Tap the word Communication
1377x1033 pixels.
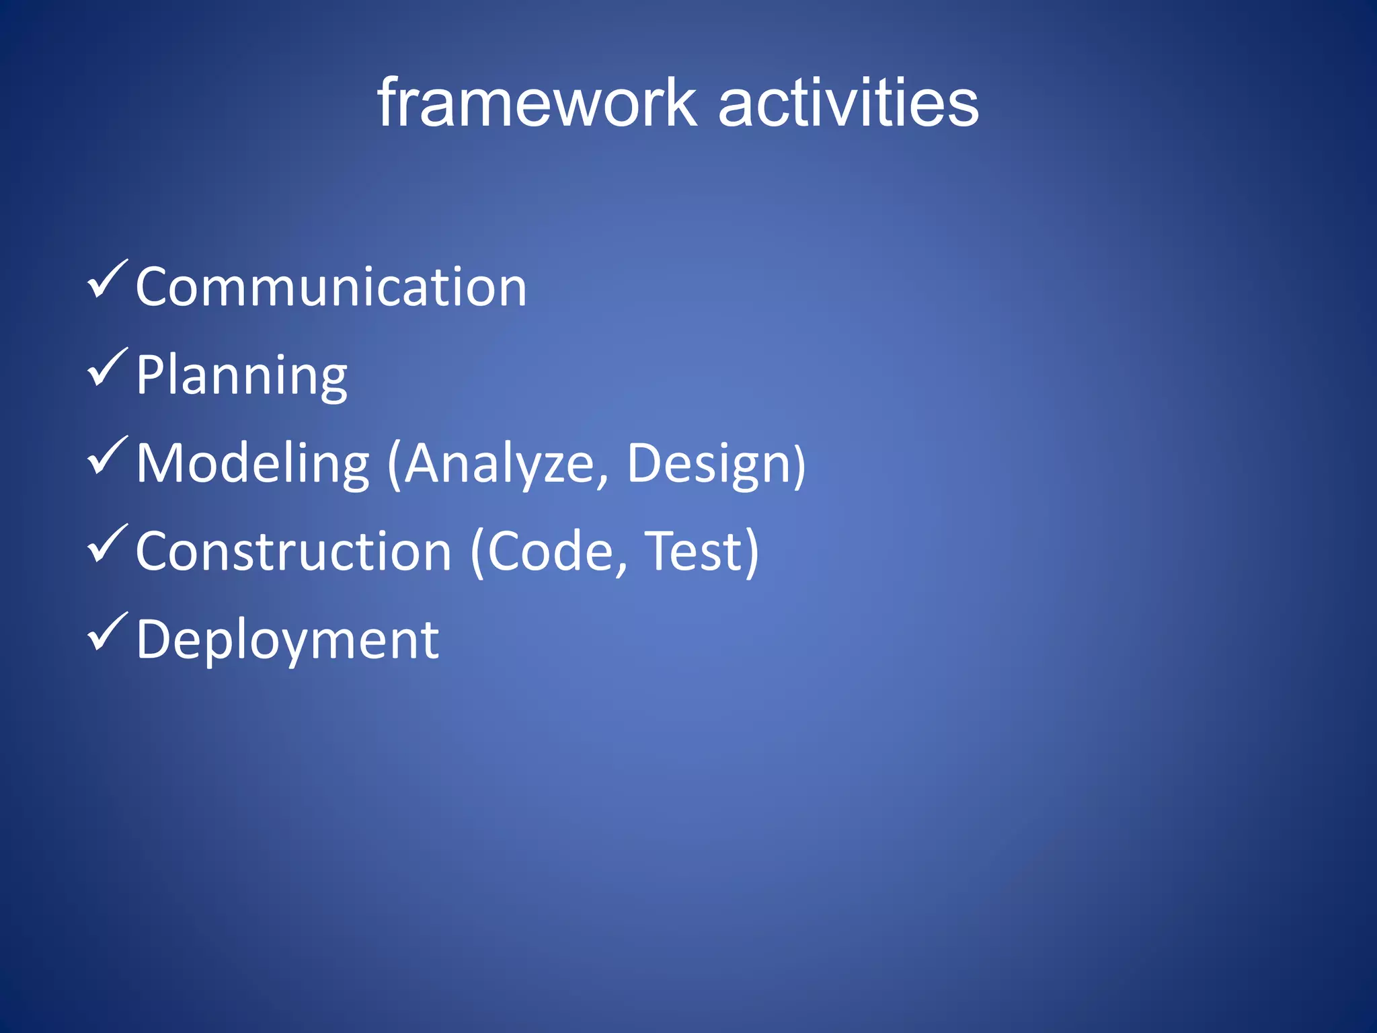[331, 287]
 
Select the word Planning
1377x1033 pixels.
[241, 376]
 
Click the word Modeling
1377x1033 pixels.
[253, 464]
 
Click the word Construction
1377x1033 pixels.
[294, 552]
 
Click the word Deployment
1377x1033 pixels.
[288, 640]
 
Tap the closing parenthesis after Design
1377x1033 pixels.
[799, 465]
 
